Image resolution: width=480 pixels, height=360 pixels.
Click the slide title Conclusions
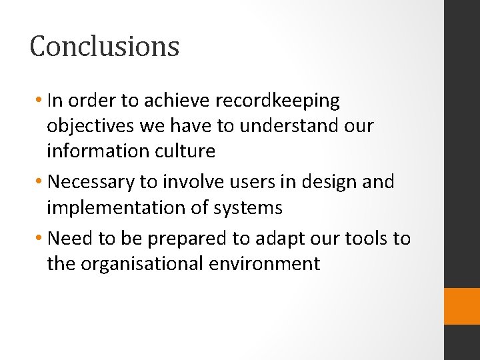[105, 47]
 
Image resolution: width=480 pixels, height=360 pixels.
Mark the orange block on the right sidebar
[462, 306]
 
